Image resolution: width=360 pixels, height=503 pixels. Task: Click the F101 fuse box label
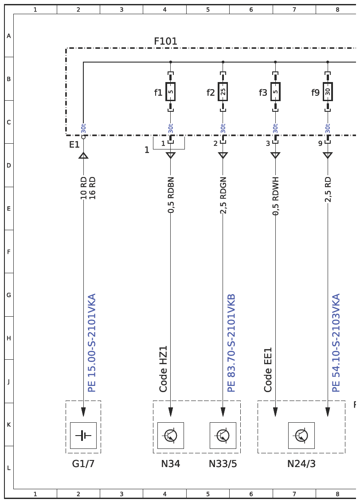coord(165,41)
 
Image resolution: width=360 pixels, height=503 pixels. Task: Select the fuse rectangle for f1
coord(171,92)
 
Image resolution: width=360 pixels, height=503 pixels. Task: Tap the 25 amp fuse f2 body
coord(223,92)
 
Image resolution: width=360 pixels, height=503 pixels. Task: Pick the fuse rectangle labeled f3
coord(275,92)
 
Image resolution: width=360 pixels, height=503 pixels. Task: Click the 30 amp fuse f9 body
coord(328,92)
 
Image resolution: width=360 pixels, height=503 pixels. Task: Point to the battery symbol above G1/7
coord(83,435)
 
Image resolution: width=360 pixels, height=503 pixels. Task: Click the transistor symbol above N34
coord(171,435)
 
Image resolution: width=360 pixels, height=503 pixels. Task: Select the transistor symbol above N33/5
coord(223,435)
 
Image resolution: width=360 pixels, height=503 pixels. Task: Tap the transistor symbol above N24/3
coord(301,435)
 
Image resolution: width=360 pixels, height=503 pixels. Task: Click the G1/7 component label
coord(83,464)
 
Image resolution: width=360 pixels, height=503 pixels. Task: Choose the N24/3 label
coord(301,464)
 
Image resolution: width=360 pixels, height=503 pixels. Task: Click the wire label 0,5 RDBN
coord(171,195)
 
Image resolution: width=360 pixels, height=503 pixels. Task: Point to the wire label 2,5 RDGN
coord(223,195)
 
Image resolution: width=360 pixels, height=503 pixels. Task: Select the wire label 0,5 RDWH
coord(275,196)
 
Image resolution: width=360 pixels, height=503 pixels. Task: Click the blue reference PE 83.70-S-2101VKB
coord(231,343)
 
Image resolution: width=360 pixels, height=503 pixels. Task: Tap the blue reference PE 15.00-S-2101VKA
coord(92,343)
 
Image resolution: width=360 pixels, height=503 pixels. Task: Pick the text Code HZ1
coord(163,369)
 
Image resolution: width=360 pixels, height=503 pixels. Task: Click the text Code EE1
coord(268,369)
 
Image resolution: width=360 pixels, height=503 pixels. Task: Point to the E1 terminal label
coord(74,145)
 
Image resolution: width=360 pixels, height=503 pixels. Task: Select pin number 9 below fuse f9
coord(320,143)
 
